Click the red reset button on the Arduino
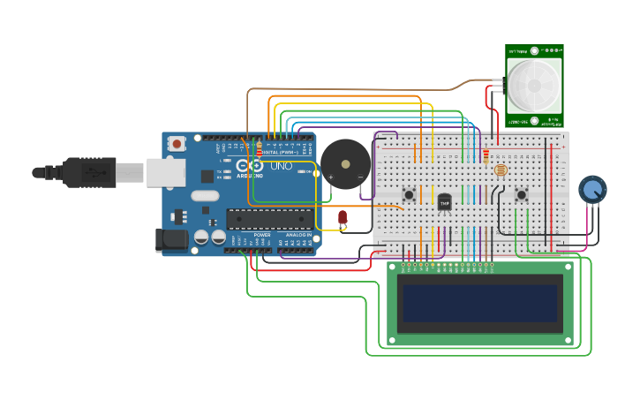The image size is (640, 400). pos(177,143)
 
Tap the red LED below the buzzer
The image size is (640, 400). pos(343,216)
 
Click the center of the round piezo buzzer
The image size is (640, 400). pos(345,163)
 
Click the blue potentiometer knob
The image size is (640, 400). pos(592,189)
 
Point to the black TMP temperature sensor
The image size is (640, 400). pos(444,202)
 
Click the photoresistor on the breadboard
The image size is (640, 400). pos(501,170)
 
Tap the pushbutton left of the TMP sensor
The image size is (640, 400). pos(409,194)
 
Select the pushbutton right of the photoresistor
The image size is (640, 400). pos(522,194)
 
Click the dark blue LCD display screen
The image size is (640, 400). pos(480,303)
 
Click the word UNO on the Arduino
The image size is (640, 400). pos(281,166)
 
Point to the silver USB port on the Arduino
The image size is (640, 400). pos(165,172)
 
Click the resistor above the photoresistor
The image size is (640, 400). pos(485,156)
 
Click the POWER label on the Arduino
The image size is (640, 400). pos(262,235)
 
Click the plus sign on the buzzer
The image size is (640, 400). pos(331,177)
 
